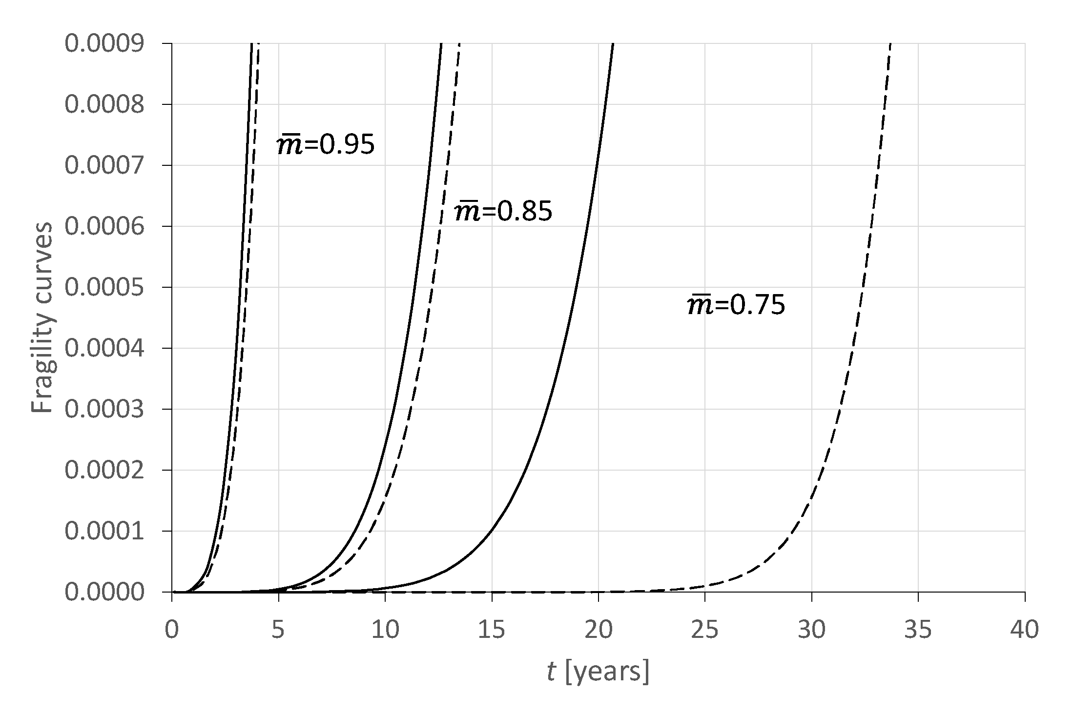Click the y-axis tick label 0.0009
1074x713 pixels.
click(104, 44)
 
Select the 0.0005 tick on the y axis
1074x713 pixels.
click(104, 287)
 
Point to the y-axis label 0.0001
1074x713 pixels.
click(104, 531)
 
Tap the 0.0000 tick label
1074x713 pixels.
click(104, 592)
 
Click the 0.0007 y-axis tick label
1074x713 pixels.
click(104, 165)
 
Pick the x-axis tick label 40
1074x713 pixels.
click(1024, 630)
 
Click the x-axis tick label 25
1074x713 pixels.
click(705, 630)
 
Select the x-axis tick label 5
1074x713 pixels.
click(278, 630)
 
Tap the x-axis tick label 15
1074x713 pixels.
click(492, 630)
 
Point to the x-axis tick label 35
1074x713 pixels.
click(918, 630)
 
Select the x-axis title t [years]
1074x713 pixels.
click(598, 672)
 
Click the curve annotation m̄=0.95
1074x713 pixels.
click(326, 145)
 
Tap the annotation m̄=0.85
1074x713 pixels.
click(503, 211)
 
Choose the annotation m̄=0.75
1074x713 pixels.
click(736, 305)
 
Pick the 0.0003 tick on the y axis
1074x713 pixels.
click(104, 409)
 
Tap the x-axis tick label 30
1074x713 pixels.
click(811, 630)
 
